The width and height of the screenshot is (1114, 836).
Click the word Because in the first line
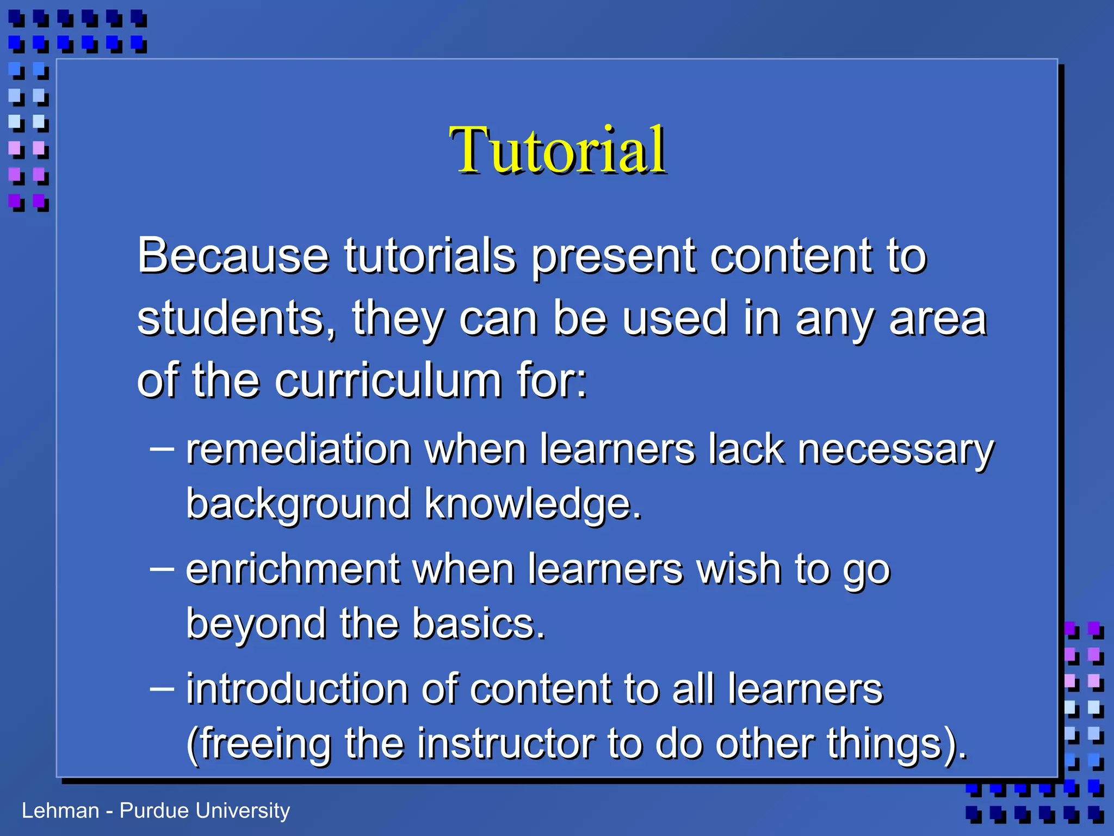click(233, 256)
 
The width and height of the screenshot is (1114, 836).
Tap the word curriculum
click(388, 380)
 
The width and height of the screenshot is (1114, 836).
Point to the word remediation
click(298, 450)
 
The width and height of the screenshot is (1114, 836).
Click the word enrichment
click(293, 569)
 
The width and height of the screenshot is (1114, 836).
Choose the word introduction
click(298, 689)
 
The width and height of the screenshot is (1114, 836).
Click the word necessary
click(895, 451)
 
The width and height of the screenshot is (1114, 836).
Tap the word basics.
click(478, 624)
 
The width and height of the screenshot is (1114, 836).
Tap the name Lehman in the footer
click(60, 811)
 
